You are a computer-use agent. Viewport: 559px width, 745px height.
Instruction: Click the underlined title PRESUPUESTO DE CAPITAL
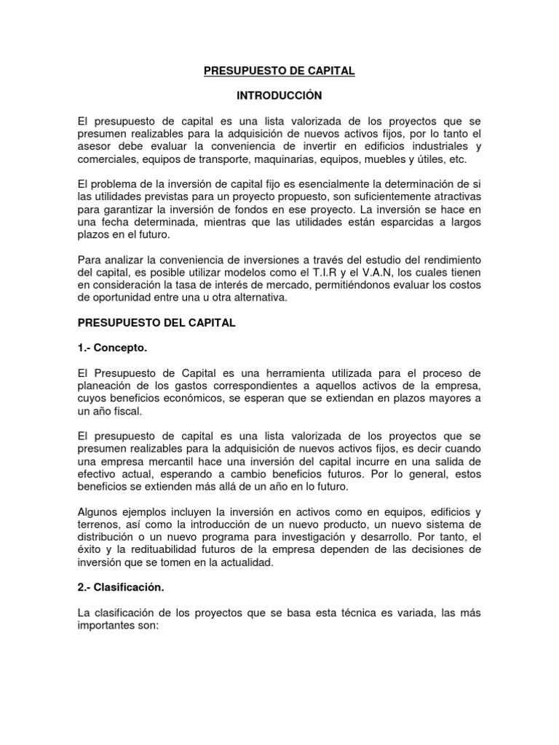(279, 71)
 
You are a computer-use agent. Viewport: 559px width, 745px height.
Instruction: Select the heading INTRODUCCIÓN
(279, 95)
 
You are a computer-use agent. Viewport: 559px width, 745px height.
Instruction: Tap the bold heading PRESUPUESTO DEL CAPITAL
(156, 323)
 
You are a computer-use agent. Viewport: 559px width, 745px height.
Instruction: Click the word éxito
(90, 550)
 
